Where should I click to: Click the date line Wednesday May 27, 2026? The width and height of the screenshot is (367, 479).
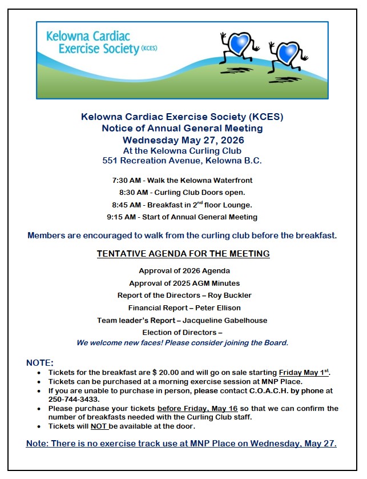point(183,140)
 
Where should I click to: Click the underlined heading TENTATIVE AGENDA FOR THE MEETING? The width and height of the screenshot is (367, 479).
point(183,253)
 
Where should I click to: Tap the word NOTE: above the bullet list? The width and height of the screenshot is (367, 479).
point(40,363)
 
